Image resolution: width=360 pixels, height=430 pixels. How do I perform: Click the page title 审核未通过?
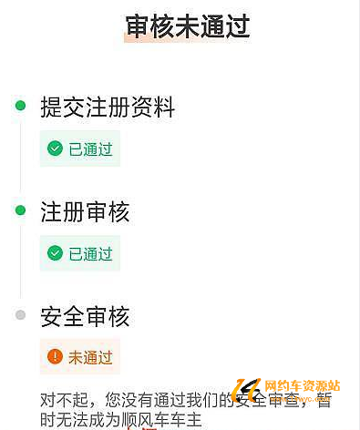188,27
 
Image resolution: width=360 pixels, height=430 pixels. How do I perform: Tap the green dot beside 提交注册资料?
20,106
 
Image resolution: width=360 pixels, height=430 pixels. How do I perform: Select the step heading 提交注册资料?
108,107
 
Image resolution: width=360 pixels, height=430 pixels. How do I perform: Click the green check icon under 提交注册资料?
55,148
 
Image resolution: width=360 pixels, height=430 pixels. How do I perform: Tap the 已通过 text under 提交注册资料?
90,148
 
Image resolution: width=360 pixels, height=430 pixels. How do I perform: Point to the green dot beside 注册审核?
20,210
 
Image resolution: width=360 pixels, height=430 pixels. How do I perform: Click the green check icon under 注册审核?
55,253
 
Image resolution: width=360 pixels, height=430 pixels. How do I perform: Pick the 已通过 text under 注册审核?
90,253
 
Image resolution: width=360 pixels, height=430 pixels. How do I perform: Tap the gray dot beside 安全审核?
20,315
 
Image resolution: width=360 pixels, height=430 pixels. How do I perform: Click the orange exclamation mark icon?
55,357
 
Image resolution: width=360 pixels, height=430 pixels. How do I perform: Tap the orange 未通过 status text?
90,357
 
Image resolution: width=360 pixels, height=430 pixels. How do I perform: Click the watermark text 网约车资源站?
303,385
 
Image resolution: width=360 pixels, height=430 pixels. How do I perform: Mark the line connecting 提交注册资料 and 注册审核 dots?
20,159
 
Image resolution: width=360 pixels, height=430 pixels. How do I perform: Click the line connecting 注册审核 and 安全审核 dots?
20,263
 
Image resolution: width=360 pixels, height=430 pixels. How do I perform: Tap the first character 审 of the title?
138,27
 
